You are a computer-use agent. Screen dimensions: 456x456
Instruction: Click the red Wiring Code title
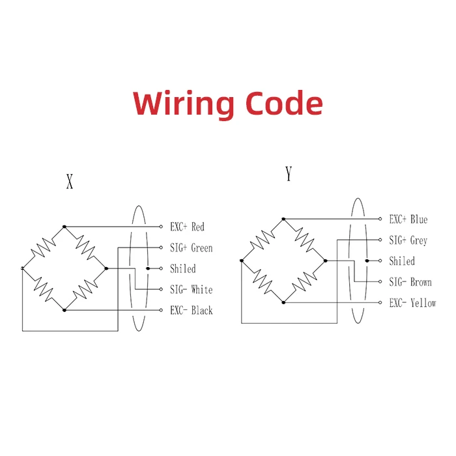pyautogui.click(x=228, y=104)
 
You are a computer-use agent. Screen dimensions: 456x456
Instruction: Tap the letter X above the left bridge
pyautogui.click(x=70, y=182)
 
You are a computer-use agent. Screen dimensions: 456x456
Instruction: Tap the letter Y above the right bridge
pyautogui.click(x=289, y=174)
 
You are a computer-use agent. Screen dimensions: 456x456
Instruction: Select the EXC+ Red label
pyautogui.click(x=188, y=227)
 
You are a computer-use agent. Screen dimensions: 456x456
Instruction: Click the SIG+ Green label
pyautogui.click(x=192, y=248)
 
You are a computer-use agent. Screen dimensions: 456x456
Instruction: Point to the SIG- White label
pyautogui.click(x=192, y=289)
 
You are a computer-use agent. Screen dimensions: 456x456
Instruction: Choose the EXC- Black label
pyautogui.click(x=192, y=310)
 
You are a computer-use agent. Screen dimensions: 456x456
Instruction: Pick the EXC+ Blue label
pyautogui.click(x=408, y=219)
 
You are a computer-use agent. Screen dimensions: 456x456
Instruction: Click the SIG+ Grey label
pyautogui.click(x=408, y=240)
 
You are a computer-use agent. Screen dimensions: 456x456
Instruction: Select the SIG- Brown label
pyautogui.click(x=410, y=282)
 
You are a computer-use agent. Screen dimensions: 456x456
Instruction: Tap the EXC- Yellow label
pyautogui.click(x=412, y=303)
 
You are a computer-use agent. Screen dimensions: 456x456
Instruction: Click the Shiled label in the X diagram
pyautogui.click(x=183, y=268)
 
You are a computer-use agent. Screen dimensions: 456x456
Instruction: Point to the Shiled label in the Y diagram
pyautogui.click(x=402, y=261)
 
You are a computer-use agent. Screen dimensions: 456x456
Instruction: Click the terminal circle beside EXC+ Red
pyautogui.click(x=161, y=227)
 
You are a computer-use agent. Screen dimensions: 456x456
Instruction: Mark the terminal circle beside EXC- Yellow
pyautogui.click(x=380, y=302)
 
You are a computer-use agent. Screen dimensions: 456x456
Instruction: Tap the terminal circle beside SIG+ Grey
pyautogui.click(x=380, y=240)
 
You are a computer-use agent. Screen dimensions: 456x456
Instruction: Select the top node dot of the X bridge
pyautogui.click(x=64, y=227)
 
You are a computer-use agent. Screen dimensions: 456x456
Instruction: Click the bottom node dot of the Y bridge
pyautogui.click(x=283, y=302)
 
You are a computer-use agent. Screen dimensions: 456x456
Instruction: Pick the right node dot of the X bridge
pyautogui.click(x=106, y=268)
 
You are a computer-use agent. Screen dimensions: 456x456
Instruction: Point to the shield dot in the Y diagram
pyautogui.click(x=367, y=261)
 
